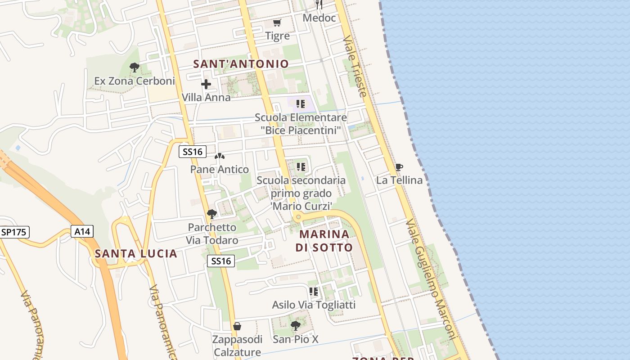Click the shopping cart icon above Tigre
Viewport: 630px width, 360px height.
coord(277,22)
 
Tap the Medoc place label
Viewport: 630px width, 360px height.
coord(319,18)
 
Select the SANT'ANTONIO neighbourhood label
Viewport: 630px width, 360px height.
coord(241,64)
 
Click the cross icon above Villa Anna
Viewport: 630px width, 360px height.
coord(206,84)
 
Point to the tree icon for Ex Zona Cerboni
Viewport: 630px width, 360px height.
coord(134,68)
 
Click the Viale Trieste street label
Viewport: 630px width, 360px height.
coord(355,67)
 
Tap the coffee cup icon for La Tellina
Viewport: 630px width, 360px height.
coord(399,167)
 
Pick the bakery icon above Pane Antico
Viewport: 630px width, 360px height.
coord(220,157)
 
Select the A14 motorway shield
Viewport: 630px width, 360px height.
coord(82,232)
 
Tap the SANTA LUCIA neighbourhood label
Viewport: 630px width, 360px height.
coord(136,254)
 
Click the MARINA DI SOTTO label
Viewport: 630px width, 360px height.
coord(324,241)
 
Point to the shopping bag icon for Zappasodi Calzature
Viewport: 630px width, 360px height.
coord(237,326)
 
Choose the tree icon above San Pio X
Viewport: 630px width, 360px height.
coord(295,325)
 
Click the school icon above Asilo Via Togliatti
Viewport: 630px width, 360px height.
coord(314,292)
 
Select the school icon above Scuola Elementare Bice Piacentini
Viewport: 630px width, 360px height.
coord(301,104)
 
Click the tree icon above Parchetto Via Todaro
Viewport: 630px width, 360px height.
coord(211,214)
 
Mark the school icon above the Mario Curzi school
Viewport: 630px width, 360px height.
coord(301,167)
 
